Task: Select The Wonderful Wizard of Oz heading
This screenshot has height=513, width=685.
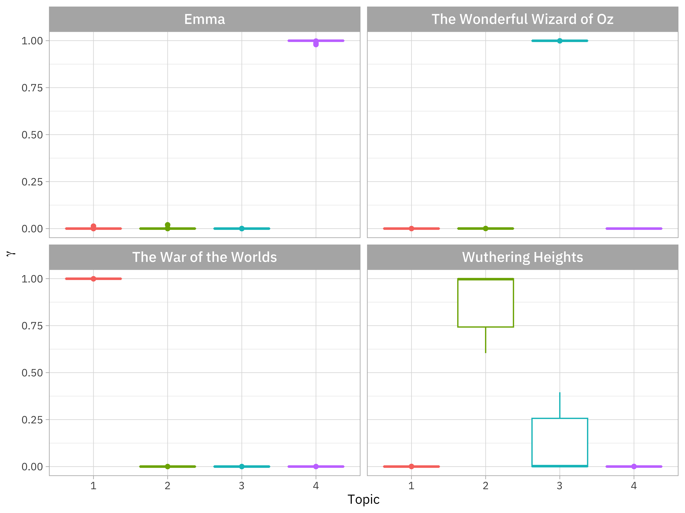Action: click(522, 19)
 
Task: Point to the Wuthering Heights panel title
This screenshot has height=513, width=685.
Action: click(522, 257)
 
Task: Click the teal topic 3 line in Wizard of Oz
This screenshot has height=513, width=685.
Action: click(545, 40)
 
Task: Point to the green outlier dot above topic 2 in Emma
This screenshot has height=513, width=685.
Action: click(168, 225)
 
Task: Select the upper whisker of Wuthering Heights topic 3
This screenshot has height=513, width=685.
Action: click(560, 405)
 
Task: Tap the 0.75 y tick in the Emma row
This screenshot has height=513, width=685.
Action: click(32, 88)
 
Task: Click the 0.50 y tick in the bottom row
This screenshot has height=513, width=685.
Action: click(32, 373)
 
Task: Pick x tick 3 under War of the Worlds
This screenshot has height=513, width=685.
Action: click(242, 486)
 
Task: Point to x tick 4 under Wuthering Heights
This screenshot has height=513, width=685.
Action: click(634, 486)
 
